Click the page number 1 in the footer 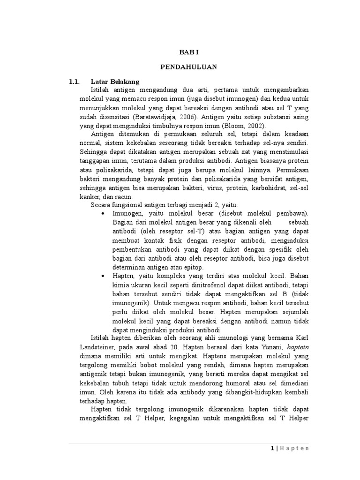point(272,448)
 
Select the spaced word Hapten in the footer point(294,448)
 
